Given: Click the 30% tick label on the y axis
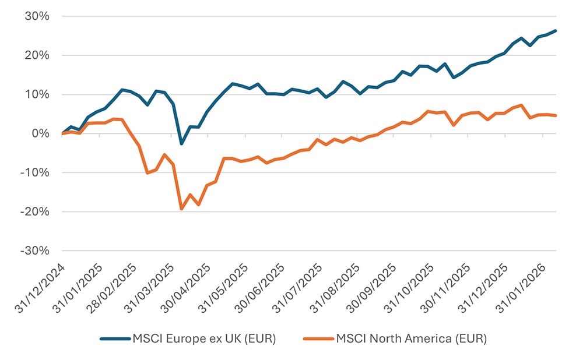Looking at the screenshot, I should click(37, 16).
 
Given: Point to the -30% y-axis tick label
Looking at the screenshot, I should click(34, 250).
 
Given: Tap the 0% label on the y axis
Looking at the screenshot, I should click(40, 133).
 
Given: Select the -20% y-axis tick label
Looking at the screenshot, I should click(34, 211).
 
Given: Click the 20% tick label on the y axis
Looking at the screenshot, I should click(37, 55).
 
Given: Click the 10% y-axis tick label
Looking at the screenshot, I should click(37, 94).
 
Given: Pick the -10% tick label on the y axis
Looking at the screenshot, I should click(34, 172).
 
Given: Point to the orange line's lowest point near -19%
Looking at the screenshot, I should click(181, 209).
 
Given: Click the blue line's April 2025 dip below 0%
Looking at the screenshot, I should click(181, 143).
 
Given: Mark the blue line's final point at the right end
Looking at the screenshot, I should click(555, 31).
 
